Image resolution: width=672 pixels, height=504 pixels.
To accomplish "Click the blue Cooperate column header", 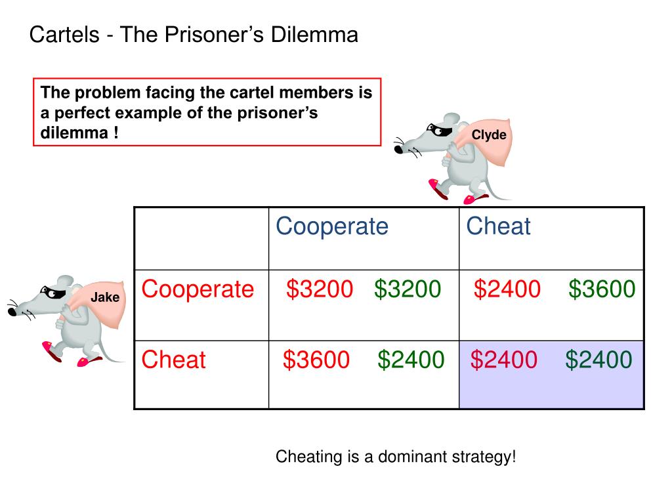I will tap(332, 226).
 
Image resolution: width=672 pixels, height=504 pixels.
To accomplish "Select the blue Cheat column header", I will tap(498, 226).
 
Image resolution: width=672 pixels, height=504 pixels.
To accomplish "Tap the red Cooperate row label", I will tap(198, 289).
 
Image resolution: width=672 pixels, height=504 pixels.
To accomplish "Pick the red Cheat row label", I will tap(174, 360).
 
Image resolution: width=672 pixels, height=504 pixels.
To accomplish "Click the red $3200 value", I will tap(320, 289).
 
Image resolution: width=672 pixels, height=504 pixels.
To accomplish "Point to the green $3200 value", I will tap(408, 289).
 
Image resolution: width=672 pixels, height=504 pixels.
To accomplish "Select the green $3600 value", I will tap(602, 289).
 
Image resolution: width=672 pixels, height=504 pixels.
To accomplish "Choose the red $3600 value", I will tap(316, 360).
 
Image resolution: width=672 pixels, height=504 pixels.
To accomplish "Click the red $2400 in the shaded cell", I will tap(504, 360).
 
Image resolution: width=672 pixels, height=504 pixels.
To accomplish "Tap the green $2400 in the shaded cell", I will tap(598, 360).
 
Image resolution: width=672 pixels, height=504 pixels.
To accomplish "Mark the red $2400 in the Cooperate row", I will tap(507, 289).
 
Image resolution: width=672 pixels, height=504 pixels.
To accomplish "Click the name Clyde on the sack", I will tap(489, 135).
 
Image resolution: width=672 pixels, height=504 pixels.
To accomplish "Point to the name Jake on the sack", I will tap(105, 297).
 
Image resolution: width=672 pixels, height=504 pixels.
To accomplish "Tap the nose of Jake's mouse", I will tap(12, 312).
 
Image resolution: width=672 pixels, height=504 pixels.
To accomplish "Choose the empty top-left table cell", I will tap(201, 238).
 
